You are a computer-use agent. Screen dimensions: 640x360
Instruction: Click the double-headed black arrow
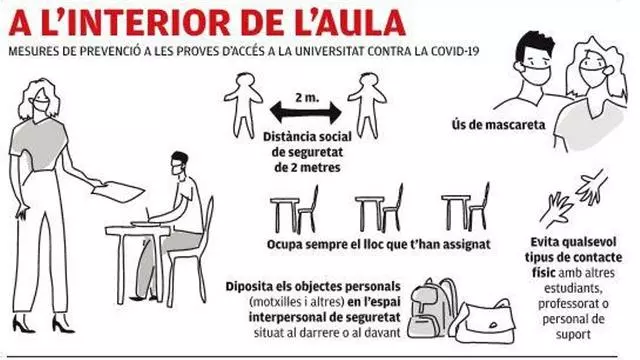click(x=306, y=113)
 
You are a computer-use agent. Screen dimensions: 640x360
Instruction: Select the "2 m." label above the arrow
click(x=307, y=98)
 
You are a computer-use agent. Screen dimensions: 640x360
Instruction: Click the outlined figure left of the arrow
click(x=244, y=105)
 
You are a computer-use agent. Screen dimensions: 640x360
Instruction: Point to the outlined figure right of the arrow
click(x=367, y=105)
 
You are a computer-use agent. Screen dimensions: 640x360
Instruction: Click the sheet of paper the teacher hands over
click(x=118, y=191)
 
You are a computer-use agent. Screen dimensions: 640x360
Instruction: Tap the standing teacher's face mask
click(x=40, y=105)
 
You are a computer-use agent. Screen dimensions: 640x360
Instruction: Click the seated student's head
click(x=179, y=163)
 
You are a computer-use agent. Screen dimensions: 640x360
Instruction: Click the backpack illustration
click(x=433, y=307)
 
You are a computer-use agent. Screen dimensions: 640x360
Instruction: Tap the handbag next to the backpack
click(x=485, y=321)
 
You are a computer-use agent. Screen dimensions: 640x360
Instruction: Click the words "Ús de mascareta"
click(x=498, y=124)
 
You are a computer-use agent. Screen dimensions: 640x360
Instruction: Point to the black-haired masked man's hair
click(x=534, y=44)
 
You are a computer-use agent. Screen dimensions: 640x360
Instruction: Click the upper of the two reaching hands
click(x=592, y=187)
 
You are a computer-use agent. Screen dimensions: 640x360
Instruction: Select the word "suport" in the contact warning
click(x=573, y=335)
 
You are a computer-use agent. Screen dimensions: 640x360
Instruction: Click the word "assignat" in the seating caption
click(x=467, y=244)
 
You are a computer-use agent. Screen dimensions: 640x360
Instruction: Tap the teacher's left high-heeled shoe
click(x=22, y=323)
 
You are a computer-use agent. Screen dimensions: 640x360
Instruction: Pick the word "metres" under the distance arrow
click(x=320, y=167)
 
